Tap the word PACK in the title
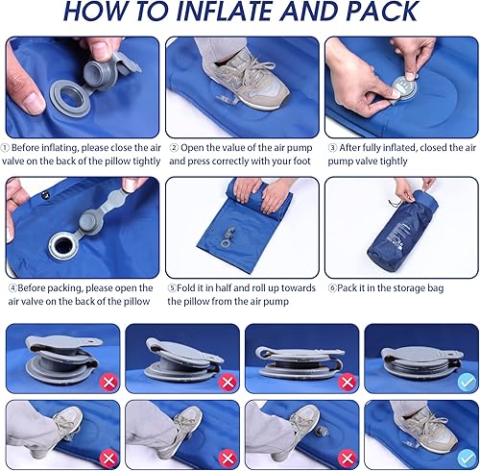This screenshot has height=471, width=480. point(381,12)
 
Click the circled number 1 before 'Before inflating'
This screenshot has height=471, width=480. point(5,148)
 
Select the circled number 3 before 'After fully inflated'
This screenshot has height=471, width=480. point(333,148)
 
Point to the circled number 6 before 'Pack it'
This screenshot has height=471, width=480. point(332,288)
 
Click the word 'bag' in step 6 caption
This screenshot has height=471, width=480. point(435,288)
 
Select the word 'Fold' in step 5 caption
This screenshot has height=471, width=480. point(185,287)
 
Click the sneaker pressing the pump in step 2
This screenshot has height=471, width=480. point(247,80)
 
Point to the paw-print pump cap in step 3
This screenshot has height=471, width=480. point(404,87)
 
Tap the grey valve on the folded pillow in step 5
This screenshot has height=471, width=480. point(228,236)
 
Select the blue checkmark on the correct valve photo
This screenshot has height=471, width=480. point(467,382)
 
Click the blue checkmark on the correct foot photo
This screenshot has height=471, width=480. point(467,459)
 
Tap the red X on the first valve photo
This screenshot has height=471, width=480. point(108,382)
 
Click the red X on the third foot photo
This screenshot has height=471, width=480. point(348,459)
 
